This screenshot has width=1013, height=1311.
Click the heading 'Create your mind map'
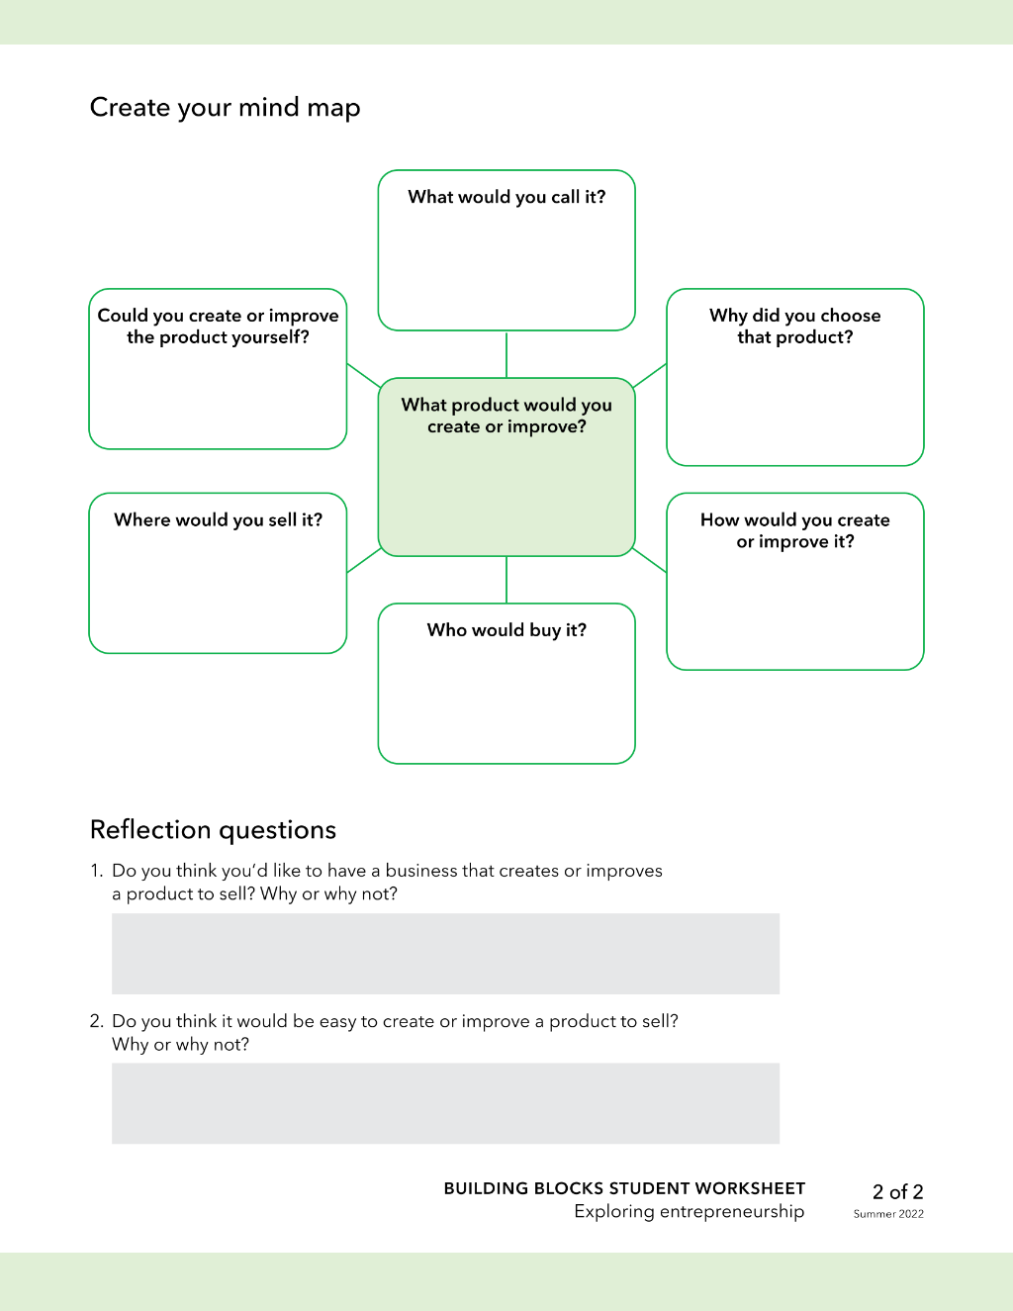(x=225, y=108)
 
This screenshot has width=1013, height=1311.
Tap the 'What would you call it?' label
(x=506, y=197)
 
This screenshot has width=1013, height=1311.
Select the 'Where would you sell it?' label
(x=218, y=520)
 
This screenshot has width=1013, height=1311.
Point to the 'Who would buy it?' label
(x=506, y=630)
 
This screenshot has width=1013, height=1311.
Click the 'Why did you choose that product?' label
(x=794, y=327)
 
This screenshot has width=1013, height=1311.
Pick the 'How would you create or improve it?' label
(x=794, y=531)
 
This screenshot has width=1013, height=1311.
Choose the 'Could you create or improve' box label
(x=218, y=327)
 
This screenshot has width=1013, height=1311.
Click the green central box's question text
(x=506, y=416)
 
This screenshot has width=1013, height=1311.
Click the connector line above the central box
(x=506, y=354)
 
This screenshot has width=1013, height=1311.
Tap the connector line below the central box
(x=506, y=579)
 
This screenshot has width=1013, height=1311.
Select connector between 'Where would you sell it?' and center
(x=364, y=560)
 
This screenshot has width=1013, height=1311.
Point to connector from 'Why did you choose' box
(x=650, y=375)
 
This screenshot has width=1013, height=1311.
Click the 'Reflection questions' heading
(x=213, y=830)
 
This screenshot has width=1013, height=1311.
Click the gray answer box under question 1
(x=445, y=954)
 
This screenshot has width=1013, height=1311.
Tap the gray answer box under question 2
(x=445, y=1103)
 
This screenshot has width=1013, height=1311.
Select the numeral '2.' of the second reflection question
(x=97, y=1021)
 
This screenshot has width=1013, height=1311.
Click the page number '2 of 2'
(x=898, y=1191)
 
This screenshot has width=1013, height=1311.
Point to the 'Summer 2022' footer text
(x=888, y=1214)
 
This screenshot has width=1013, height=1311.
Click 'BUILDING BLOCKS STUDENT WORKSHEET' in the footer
(x=624, y=1188)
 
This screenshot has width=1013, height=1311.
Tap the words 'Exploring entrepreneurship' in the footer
(x=690, y=1211)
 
